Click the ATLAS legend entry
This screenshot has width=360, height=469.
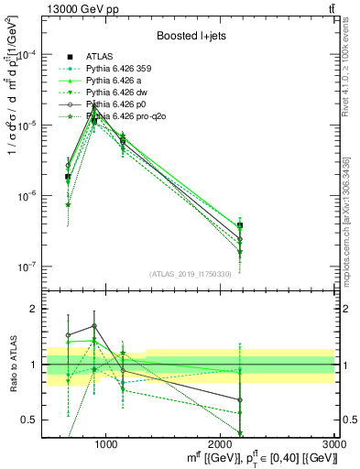[100, 56]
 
